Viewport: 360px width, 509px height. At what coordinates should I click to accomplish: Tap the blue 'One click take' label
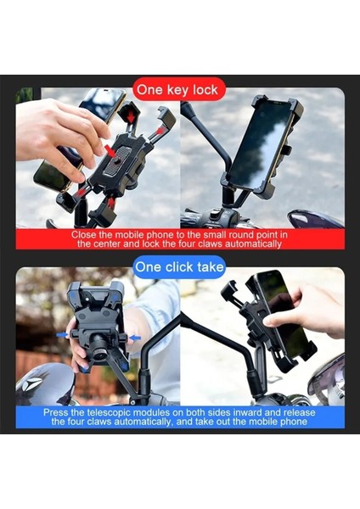[179, 266]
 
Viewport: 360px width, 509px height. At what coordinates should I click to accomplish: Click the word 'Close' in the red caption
[85, 234]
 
